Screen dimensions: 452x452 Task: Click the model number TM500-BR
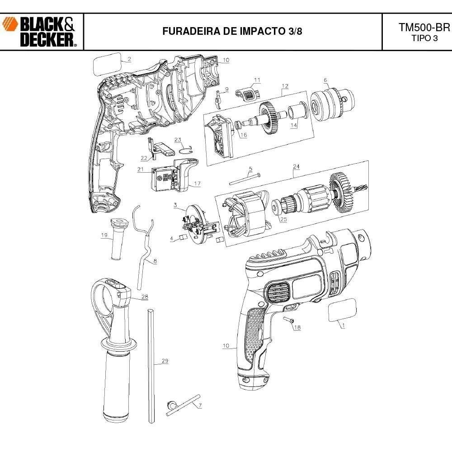tap(424, 27)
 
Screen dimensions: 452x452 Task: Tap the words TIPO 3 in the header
tap(424, 38)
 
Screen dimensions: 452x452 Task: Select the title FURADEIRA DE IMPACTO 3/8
tap(232, 32)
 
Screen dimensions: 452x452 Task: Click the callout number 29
tap(165, 361)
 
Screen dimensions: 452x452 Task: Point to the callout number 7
tap(200, 405)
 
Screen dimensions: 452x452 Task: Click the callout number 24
tap(296, 167)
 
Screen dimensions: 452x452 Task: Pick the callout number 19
tap(104, 235)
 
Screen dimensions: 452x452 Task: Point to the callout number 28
tap(145, 297)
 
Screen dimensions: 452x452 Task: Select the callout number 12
tap(285, 86)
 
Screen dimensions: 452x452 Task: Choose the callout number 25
tap(283, 220)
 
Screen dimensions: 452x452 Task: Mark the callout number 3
tap(175, 205)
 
